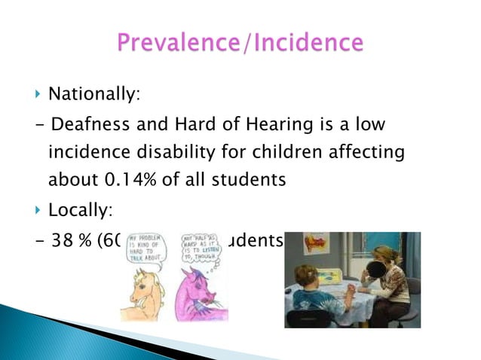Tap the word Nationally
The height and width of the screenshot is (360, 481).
(x=94, y=96)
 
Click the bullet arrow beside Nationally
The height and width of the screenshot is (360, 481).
(x=38, y=96)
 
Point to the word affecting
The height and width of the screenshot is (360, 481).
(x=369, y=153)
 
